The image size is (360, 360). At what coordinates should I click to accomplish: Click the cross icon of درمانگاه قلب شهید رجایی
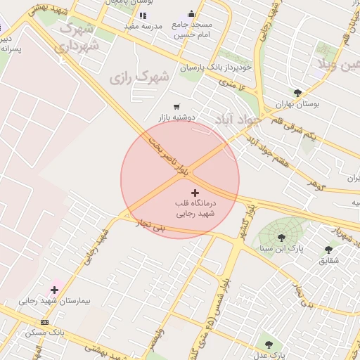[x=195, y=192]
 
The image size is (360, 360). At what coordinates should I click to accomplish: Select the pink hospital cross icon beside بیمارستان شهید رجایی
[x=54, y=290]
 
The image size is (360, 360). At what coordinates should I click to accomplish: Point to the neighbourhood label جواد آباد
[x=238, y=118]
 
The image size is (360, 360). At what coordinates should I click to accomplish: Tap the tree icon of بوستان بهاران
[x=297, y=93]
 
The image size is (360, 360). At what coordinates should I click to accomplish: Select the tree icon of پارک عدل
[x=269, y=344]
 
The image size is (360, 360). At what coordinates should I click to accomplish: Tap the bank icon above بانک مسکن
[x=45, y=322]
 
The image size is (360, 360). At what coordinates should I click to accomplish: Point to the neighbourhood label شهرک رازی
[x=140, y=76]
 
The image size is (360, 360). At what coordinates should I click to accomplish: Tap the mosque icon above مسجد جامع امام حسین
[x=192, y=14]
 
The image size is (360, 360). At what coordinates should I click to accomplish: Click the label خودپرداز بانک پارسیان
[x=215, y=67]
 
